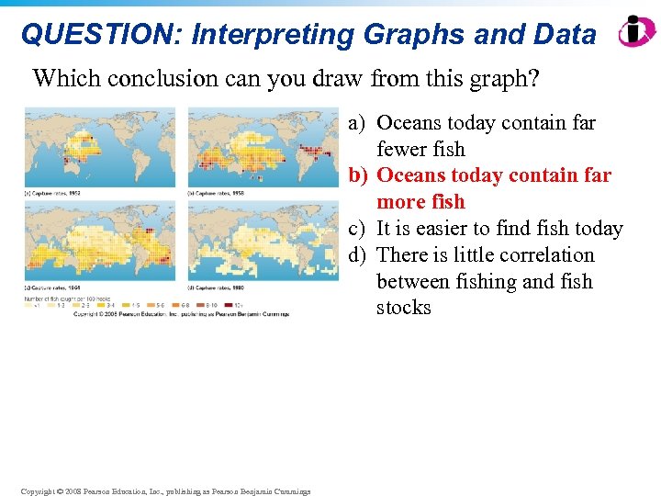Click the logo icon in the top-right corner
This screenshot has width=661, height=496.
pyautogui.click(x=636, y=31)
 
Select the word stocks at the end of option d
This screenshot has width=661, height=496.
pyautogui.click(x=403, y=308)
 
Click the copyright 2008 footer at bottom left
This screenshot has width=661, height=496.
pyautogui.click(x=166, y=490)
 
